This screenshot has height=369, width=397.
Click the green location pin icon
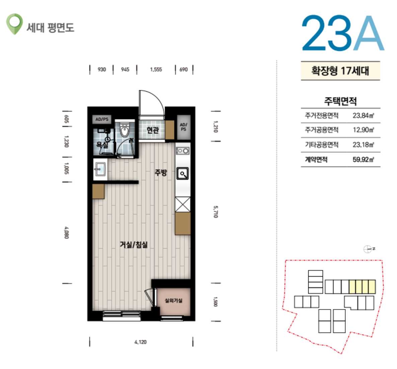click(14, 23)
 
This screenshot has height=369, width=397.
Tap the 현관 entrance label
click(153, 130)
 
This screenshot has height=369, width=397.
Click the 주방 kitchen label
click(161, 173)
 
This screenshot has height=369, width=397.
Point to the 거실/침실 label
click(134, 245)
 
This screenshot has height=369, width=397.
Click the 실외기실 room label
click(174, 300)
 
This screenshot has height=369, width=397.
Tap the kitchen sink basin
click(182, 174)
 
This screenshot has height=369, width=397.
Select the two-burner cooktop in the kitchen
click(182, 151)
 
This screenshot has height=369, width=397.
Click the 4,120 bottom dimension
click(141, 342)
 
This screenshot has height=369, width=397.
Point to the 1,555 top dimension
click(156, 69)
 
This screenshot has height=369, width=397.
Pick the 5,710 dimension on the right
click(216, 212)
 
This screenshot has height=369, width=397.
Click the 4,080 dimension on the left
click(66, 233)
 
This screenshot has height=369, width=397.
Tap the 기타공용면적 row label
click(322, 145)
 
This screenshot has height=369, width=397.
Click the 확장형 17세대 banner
click(340, 71)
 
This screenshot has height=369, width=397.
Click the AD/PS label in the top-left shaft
click(102, 119)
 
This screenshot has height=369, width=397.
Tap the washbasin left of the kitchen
click(100, 169)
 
